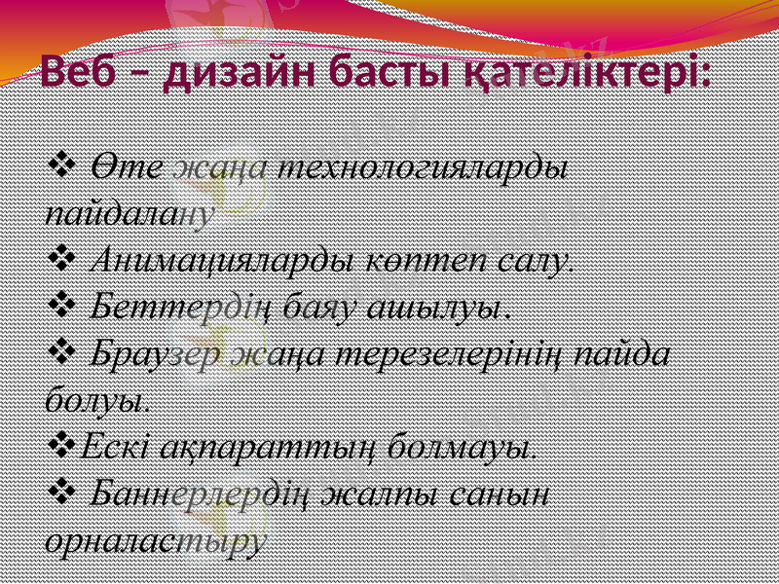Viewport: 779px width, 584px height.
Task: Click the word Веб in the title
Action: coord(82,72)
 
